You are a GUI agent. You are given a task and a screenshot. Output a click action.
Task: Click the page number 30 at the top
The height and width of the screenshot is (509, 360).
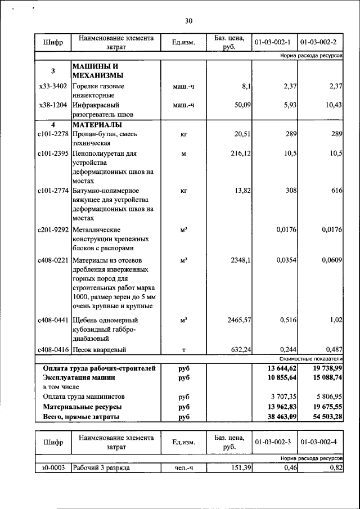(x=188, y=21)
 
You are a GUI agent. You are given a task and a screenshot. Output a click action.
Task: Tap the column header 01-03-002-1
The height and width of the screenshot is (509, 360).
(x=272, y=42)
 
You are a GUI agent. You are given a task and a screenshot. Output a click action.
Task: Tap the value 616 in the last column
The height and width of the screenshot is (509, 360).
(x=336, y=191)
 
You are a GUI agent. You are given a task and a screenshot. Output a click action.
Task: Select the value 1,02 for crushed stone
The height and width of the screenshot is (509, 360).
(x=335, y=320)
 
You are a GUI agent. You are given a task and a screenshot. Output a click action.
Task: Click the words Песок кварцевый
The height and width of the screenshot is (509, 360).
(x=99, y=349)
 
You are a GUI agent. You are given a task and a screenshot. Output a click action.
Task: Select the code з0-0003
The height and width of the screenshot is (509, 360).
(x=52, y=467)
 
